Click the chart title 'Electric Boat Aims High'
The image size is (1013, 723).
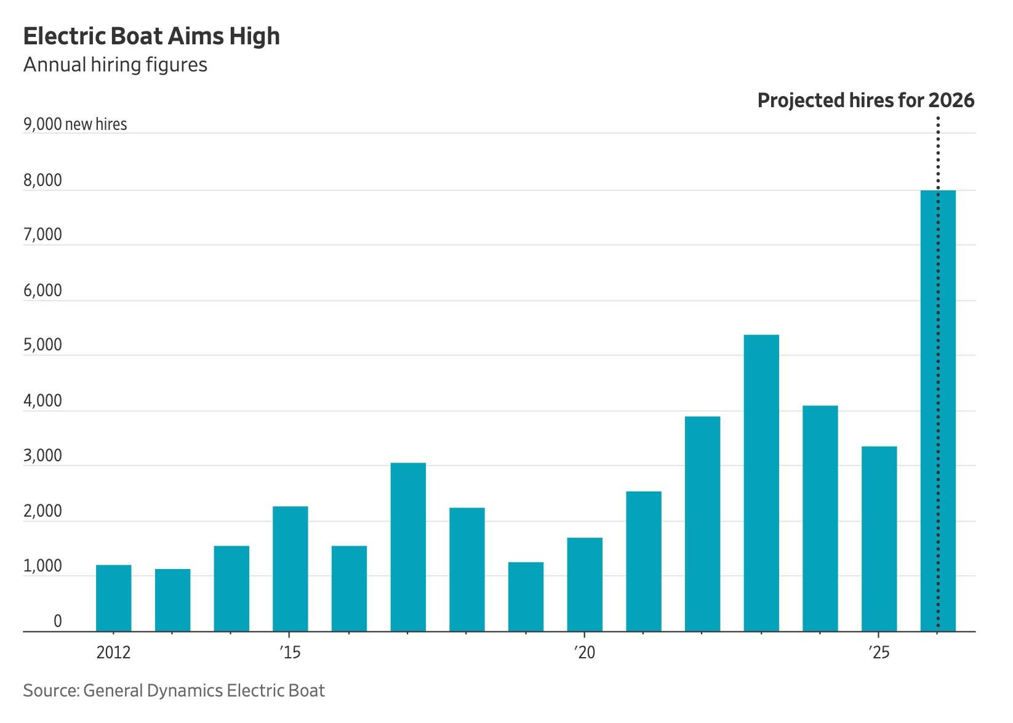[151, 37]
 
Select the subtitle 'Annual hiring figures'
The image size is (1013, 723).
[115, 65]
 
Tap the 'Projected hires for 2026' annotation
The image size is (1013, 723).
[865, 100]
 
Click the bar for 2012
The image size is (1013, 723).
[114, 598]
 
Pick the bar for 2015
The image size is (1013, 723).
[290, 568]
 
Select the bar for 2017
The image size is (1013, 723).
[408, 547]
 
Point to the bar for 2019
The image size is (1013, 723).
[526, 597]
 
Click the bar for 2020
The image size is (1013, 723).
[585, 584]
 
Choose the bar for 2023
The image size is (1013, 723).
[761, 483]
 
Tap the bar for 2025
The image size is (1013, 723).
[879, 539]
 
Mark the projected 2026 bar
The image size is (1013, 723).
[938, 411]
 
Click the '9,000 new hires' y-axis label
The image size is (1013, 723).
[75, 124]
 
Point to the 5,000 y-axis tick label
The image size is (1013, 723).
[43, 345]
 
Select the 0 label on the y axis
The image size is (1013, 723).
[57, 621]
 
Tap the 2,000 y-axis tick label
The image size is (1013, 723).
[43, 511]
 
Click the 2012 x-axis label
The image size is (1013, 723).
[114, 652]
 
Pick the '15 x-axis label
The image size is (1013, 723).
[290, 652]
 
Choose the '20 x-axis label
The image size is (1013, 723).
[584, 652]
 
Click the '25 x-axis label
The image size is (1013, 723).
[879, 652]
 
